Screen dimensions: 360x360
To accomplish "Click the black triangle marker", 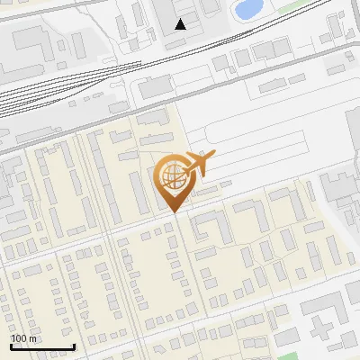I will [181, 23].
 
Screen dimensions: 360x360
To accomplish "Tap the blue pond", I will [245, 10].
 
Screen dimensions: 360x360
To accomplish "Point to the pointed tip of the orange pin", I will [174, 211].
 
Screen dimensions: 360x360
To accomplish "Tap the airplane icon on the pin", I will [198, 164].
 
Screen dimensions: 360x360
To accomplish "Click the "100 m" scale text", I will [24, 338].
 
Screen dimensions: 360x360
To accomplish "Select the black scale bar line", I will [42, 346].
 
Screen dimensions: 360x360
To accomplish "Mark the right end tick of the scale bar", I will [74, 345].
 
